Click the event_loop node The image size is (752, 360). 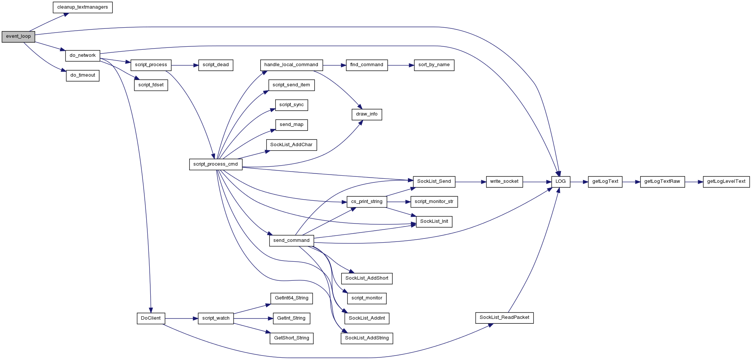pyautogui.click(x=18, y=37)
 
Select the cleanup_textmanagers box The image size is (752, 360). pyautogui.click(x=83, y=7)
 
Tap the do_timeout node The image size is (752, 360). pyautogui.click(x=83, y=76)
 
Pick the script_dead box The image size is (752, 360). pyautogui.click(x=216, y=65)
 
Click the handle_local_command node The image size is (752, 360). pyautogui.click(x=291, y=65)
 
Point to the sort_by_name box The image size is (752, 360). pyautogui.click(x=434, y=65)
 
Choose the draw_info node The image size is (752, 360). pyautogui.click(x=367, y=114)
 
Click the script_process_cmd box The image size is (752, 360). pyautogui.click(x=216, y=164)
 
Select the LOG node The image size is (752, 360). pyautogui.click(x=561, y=182)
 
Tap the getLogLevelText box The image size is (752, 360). pyautogui.click(x=726, y=182)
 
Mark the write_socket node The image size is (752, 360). pyautogui.click(x=504, y=182)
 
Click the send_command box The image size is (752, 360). pyautogui.click(x=291, y=241)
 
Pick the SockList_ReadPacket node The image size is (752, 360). pyautogui.click(x=504, y=318)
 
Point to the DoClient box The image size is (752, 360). pyautogui.click(x=151, y=319)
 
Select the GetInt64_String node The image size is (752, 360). pyautogui.click(x=292, y=298)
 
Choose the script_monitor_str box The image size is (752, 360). pyautogui.click(x=434, y=202)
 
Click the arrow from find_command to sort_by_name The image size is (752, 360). pyautogui.click(x=401, y=65)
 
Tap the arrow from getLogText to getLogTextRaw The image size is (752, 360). pyautogui.click(x=631, y=182)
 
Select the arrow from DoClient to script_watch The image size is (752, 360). pyautogui.click(x=181, y=319)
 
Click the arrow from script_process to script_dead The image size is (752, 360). pyautogui.click(x=185, y=65)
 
